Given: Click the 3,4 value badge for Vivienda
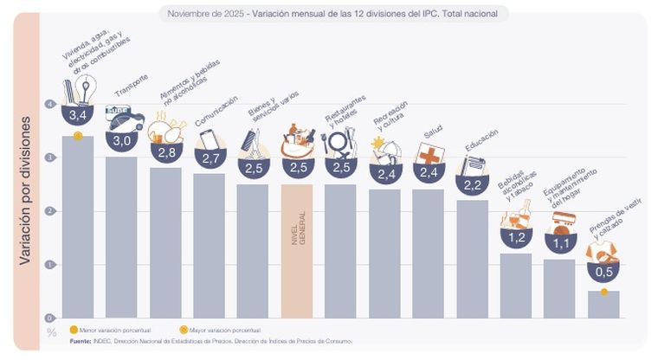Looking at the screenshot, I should (x=78, y=114).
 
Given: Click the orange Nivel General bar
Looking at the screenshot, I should (x=297, y=251).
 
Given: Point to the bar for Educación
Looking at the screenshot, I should (x=473, y=260).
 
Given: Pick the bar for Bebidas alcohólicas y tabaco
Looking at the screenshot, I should (x=516, y=286).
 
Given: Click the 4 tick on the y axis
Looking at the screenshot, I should (x=51, y=104).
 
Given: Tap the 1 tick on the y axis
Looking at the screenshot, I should (x=51, y=264).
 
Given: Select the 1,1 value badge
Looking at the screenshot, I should (x=560, y=243).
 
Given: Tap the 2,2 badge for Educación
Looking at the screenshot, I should (x=473, y=184).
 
